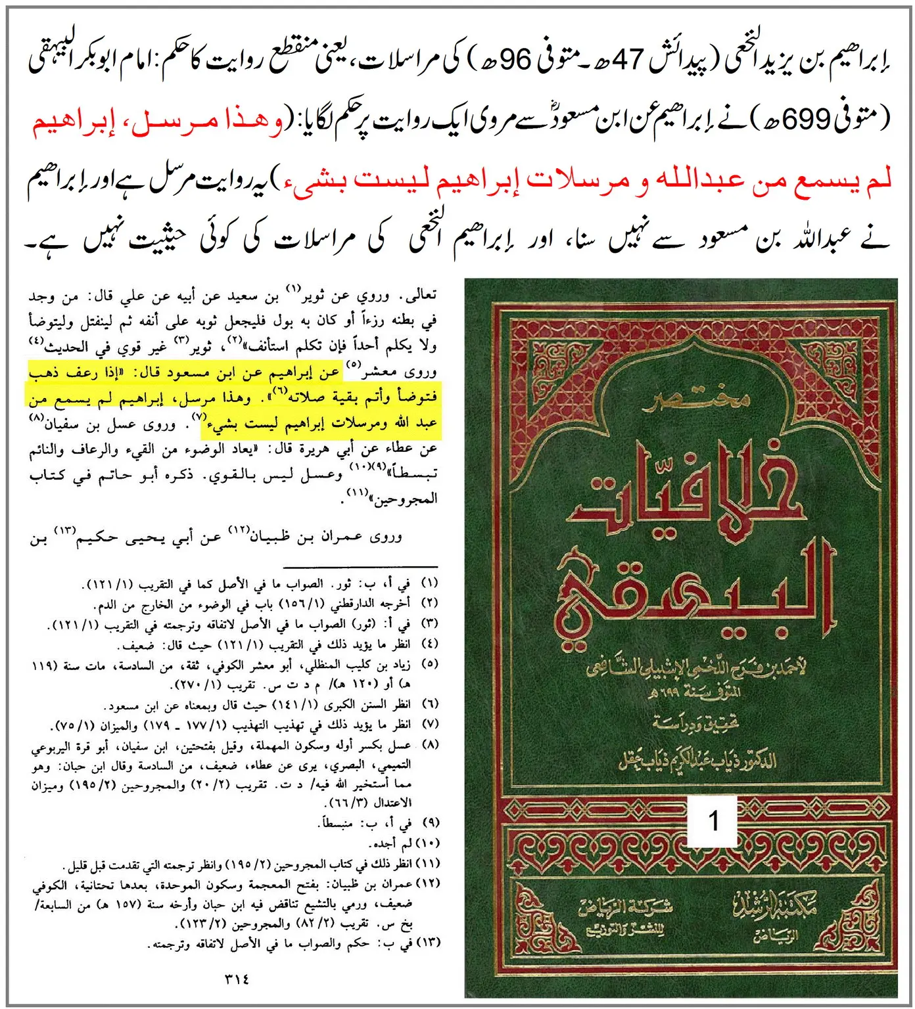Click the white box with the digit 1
713,820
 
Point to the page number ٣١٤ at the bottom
237,978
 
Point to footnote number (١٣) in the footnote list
428,943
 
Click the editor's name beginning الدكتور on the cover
697,761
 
